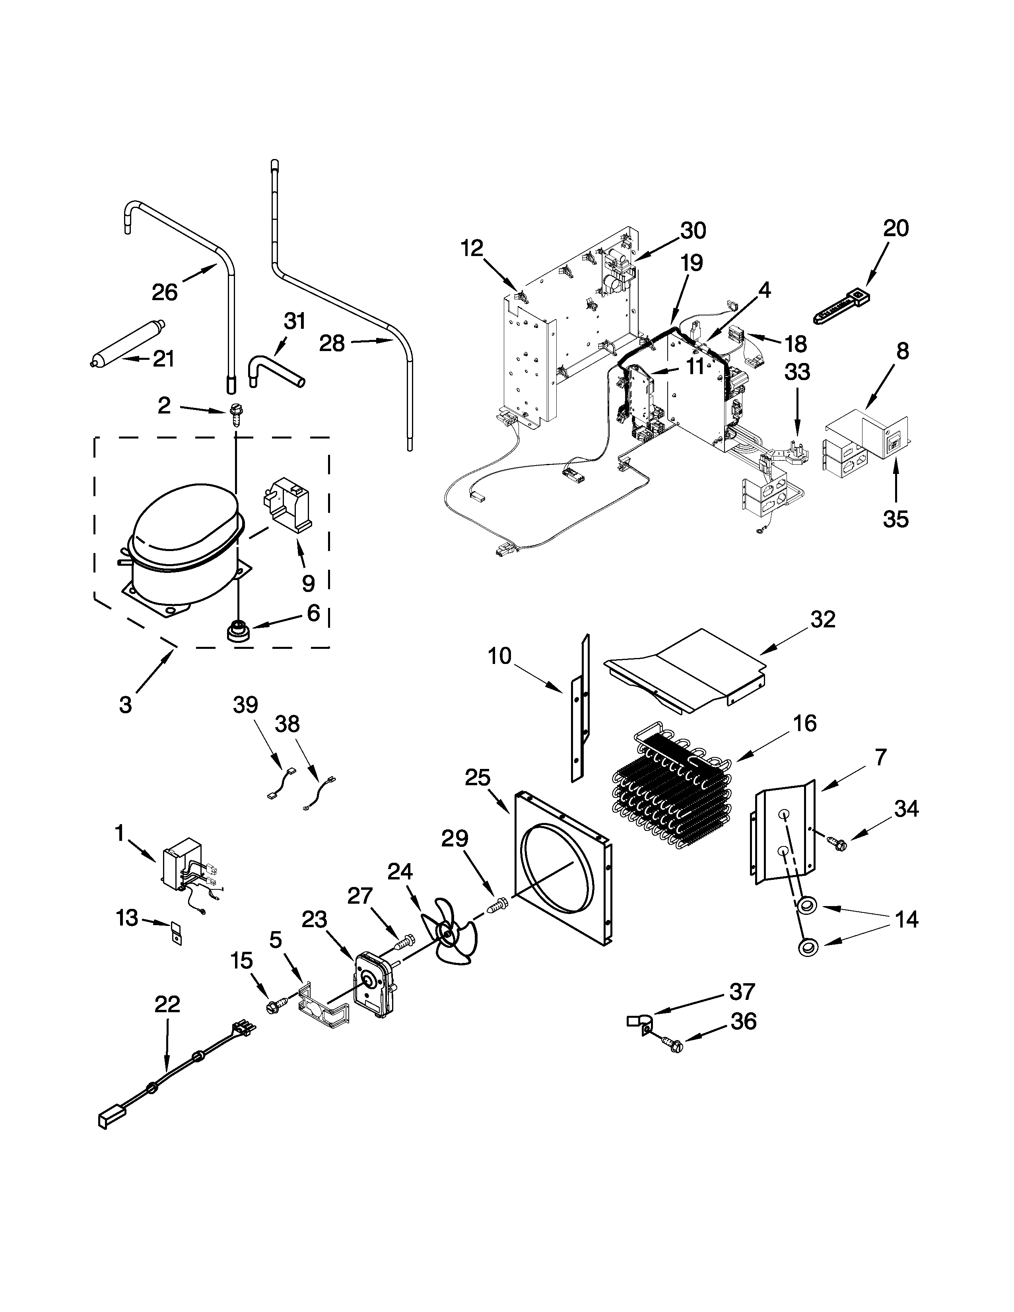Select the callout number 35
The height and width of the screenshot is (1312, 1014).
click(x=895, y=518)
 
